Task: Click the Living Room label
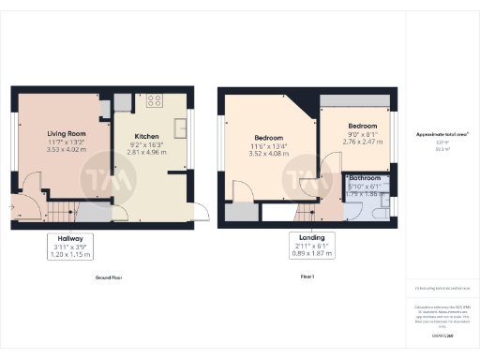(x=67, y=134)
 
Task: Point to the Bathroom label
(x=366, y=177)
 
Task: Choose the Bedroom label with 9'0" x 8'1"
(x=363, y=126)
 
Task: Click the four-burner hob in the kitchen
(x=154, y=100)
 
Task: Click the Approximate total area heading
(x=442, y=134)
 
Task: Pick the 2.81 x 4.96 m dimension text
(x=148, y=149)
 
